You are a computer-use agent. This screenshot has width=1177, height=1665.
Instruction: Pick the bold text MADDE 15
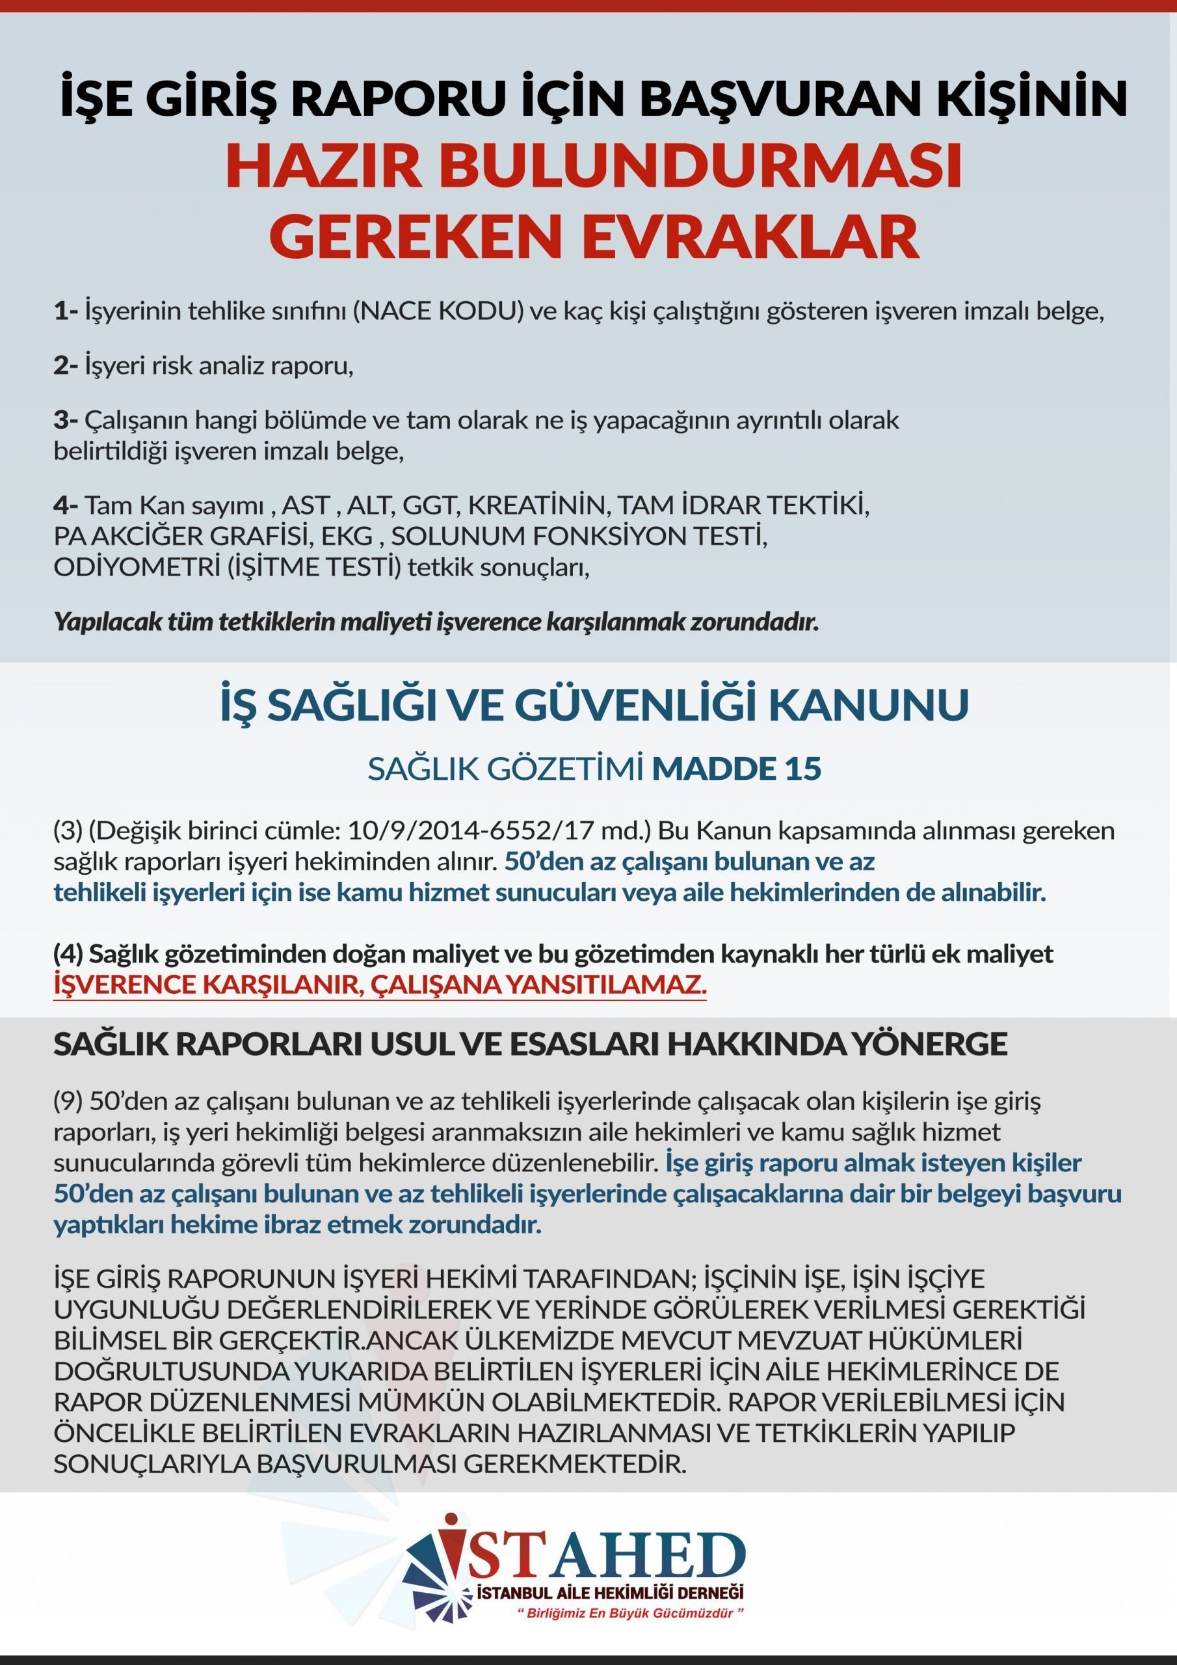736,769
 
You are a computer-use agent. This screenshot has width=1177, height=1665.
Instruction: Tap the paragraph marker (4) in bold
68,953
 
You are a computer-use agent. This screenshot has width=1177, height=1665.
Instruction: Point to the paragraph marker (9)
68,1101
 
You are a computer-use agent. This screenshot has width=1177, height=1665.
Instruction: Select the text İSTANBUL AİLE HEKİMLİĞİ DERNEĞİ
609,1593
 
